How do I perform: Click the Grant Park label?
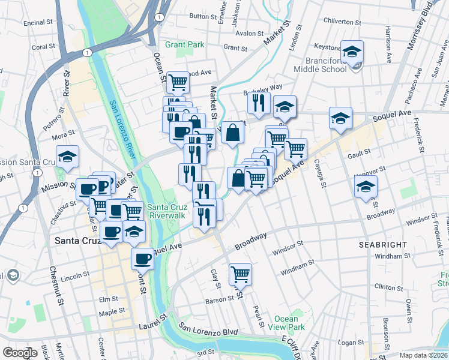(x=185, y=44)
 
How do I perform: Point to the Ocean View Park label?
(x=290, y=323)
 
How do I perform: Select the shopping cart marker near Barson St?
(x=240, y=274)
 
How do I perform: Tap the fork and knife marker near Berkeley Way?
(x=259, y=103)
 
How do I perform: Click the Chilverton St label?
(x=342, y=21)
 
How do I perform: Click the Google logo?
(x=20, y=352)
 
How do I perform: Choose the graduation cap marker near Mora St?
(x=68, y=157)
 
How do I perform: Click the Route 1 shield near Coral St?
(x=88, y=53)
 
